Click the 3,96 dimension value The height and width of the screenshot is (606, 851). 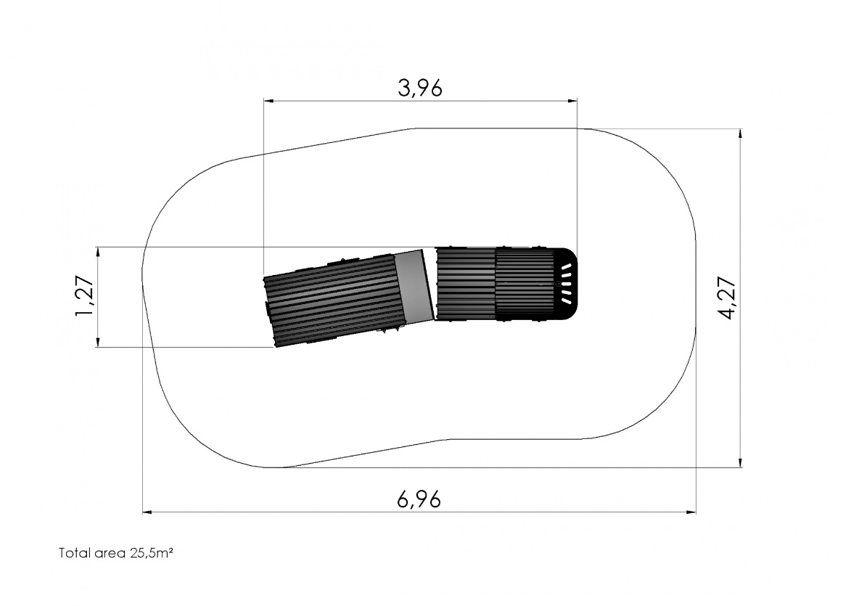[420, 87]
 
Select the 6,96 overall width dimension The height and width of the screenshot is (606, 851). [419, 499]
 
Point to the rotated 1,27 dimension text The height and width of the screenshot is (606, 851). [85, 297]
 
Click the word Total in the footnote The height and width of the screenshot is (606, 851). [74, 553]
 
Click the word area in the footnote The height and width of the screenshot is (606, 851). [110, 554]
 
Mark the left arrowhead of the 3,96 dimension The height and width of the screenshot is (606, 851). [268, 100]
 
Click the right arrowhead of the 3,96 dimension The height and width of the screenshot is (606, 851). [572, 100]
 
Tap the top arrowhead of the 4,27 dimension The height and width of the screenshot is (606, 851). [740, 134]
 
